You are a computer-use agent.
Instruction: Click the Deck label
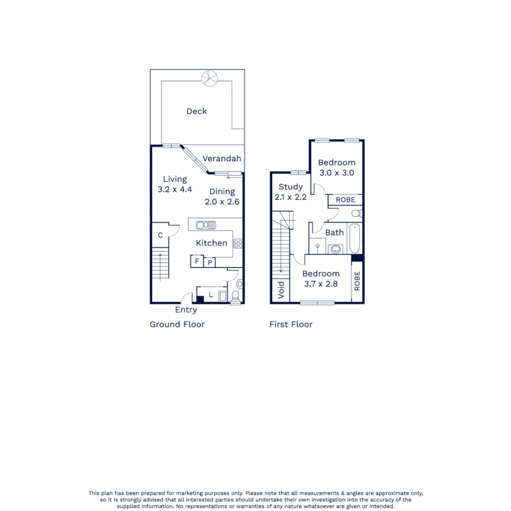point(196,111)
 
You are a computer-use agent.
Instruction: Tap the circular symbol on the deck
point(208,78)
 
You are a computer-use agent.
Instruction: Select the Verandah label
point(222,159)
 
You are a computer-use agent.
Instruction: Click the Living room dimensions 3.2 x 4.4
point(175,189)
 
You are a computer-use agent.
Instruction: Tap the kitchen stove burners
point(238,244)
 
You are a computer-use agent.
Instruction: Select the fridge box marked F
point(196,261)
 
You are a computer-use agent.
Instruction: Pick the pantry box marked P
point(209,262)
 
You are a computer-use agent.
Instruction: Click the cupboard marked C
point(160,235)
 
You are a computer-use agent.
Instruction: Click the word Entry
point(186,310)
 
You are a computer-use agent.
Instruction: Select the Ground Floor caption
point(177,324)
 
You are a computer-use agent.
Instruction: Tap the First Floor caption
point(291,324)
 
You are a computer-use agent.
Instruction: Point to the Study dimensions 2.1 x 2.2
point(291,197)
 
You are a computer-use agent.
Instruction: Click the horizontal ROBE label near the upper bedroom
point(345,200)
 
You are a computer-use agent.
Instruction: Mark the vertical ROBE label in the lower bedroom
point(357,281)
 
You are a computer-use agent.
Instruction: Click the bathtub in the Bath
point(355,239)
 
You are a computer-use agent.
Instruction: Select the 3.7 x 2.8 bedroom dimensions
point(321,284)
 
